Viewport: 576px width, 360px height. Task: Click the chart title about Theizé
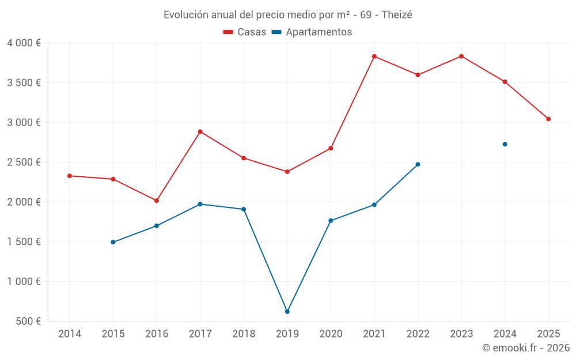click(287, 15)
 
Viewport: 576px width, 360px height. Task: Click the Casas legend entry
click(245, 32)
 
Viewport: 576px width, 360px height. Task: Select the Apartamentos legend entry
click(312, 32)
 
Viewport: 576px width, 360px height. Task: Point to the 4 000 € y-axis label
click(24, 43)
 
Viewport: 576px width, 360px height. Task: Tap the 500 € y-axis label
click(28, 321)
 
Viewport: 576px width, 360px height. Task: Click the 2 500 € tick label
click(24, 162)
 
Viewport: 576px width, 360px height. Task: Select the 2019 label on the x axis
click(287, 334)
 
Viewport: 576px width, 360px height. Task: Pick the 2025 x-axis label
click(548, 334)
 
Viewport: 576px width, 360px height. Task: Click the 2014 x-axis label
click(70, 334)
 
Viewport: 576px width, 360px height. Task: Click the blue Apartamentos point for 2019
click(287, 312)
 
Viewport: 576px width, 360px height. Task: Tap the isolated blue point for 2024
click(505, 144)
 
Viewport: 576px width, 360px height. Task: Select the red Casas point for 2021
click(374, 56)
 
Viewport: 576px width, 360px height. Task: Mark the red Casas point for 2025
click(548, 119)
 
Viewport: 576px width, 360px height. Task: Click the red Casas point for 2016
click(157, 200)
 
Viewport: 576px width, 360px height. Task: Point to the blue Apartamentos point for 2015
click(113, 242)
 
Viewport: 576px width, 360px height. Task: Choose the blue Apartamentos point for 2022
click(418, 164)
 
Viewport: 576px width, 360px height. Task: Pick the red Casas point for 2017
click(200, 132)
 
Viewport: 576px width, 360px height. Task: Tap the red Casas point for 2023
click(461, 56)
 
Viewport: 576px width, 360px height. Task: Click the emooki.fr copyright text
click(525, 348)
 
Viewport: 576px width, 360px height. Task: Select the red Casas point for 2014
click(70, 176)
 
